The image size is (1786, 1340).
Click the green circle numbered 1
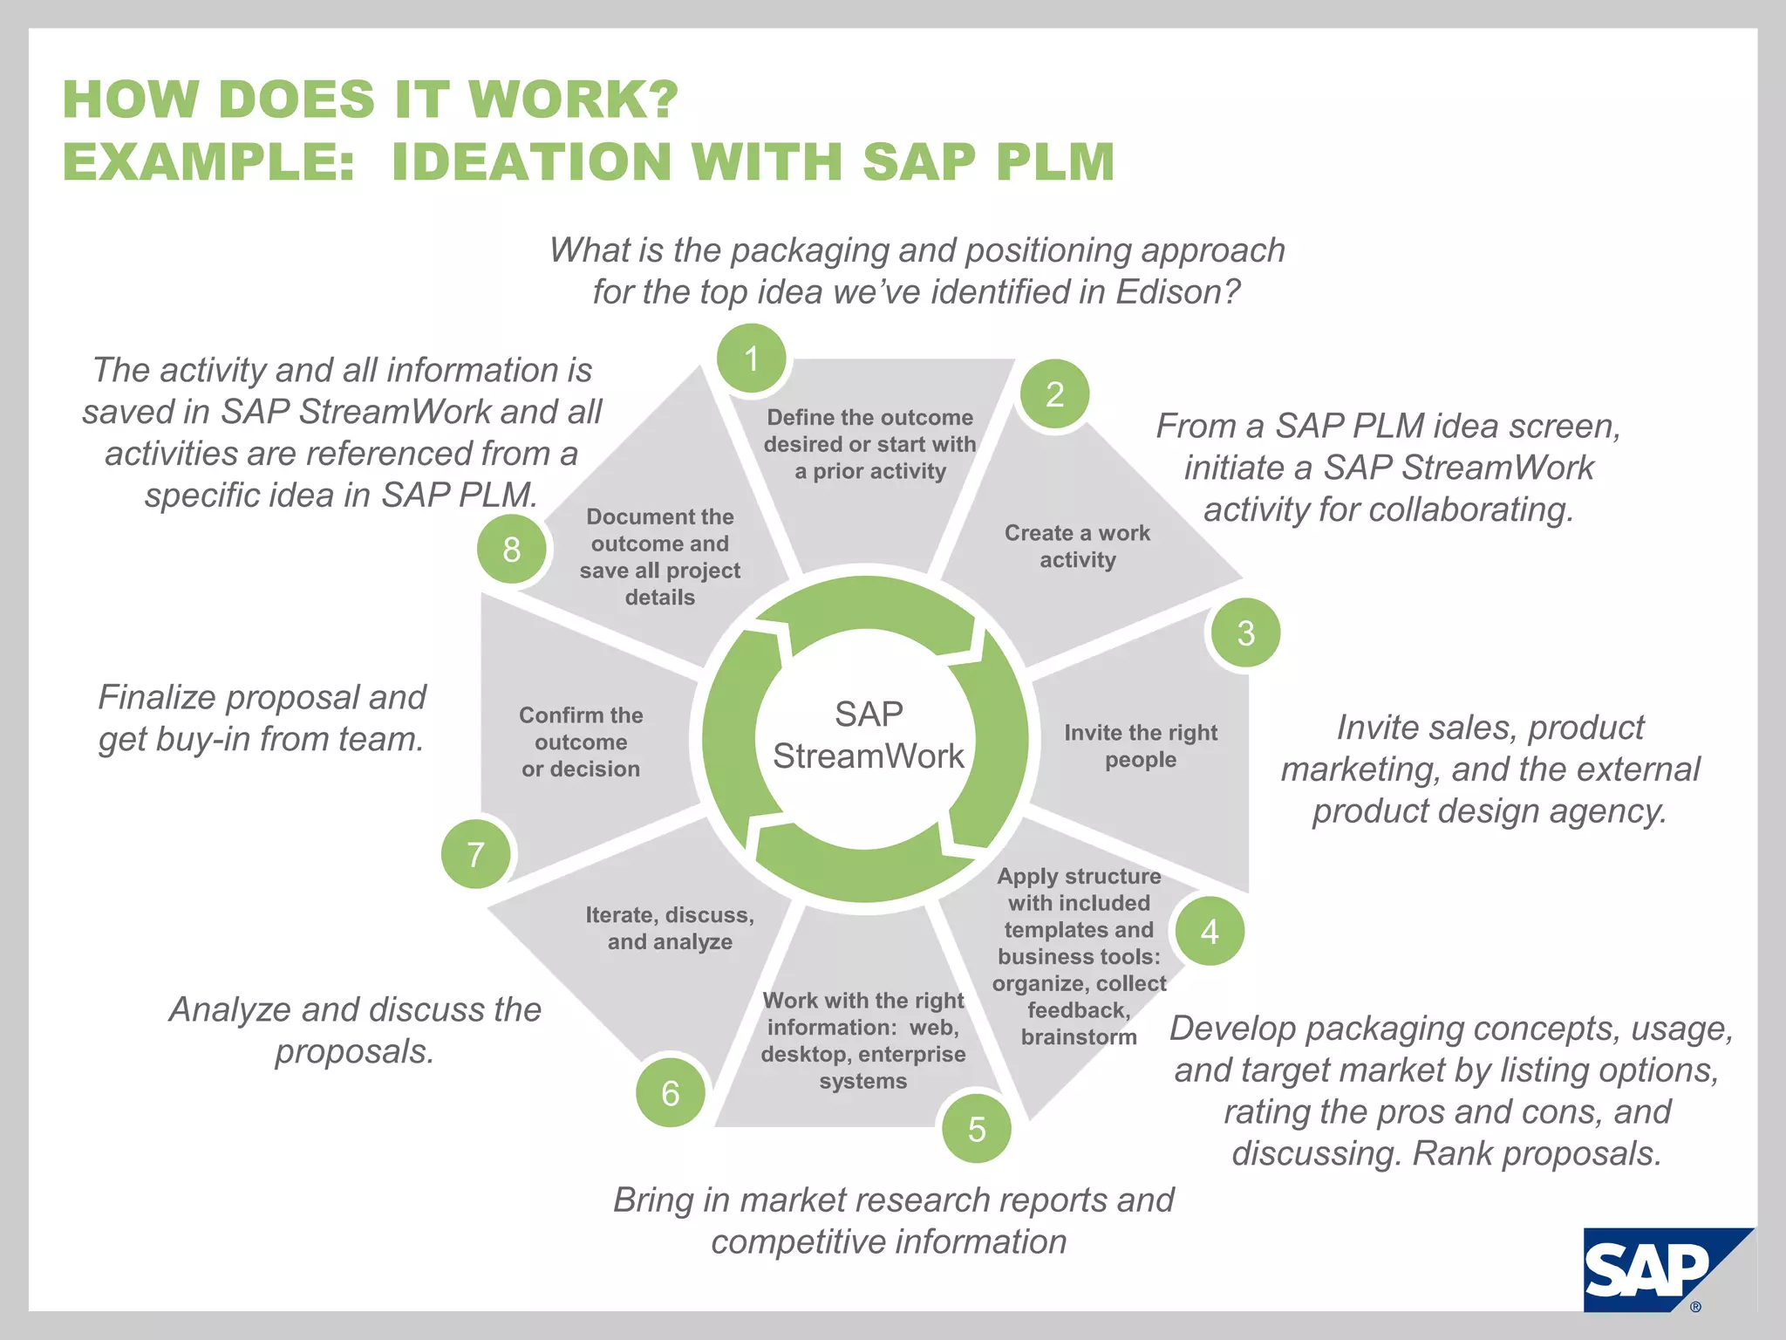tap(751, 359)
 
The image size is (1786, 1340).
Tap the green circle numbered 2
tap(1054, 394)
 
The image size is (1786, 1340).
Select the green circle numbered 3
tap(1245, 632)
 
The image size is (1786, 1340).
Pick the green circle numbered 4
tap(1210, 931)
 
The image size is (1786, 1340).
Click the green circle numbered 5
tap(977, 1129)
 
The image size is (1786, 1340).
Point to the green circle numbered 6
tap(670, 1092)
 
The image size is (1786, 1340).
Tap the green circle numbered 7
tap(475, 854)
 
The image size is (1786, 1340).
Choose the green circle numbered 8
tap(512, 549)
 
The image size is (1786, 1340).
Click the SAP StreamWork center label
tap(868, 735)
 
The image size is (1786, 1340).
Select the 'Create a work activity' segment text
tap(1077, 546)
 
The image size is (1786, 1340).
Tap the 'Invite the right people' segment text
tap(1140, 746)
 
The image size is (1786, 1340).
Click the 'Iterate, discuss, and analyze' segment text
tap(670, 928)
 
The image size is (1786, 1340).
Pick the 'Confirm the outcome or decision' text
tap(581, 742)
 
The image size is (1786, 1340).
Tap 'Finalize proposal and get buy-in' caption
tap(262, 717)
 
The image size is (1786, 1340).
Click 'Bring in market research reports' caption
tap(892, 1220)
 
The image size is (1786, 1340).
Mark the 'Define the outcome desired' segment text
tap(869, 444)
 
